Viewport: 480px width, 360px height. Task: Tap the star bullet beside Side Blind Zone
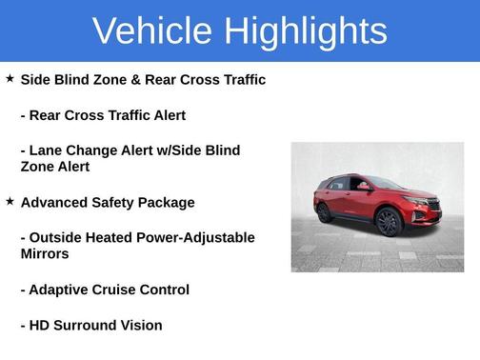click(x=10, y=79)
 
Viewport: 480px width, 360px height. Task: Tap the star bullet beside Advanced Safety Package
click(x=10, y=201)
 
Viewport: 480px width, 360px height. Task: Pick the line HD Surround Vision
click(x=91, y=325)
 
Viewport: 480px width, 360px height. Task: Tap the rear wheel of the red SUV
click(x=325, y=212)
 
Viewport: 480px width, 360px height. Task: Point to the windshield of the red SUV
click(x=386, y=183)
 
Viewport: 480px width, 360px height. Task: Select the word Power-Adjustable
click(x=195, y=237)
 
